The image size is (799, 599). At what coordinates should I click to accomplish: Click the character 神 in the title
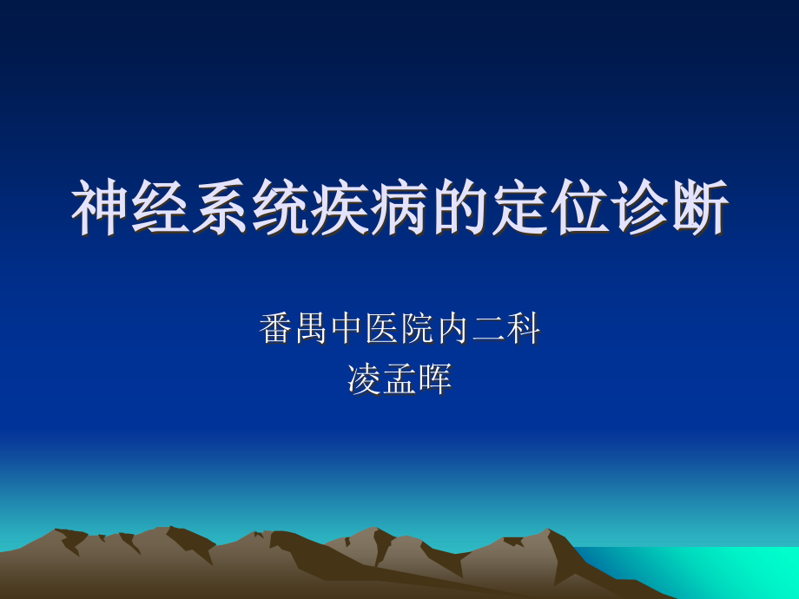click(x=100, y=209)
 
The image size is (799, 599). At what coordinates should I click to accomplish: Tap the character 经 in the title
click(x=160, y=209)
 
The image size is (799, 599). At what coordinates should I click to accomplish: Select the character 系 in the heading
click(x=220, y=209)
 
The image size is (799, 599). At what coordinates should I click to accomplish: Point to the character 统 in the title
click(x=280, y=209)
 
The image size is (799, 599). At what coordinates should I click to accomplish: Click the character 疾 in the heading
click(x=340, y=209)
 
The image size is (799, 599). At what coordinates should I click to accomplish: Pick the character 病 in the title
click(x=399, y=209)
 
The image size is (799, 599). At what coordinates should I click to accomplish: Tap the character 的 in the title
click(x=459, y=209)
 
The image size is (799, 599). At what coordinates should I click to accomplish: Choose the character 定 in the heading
click(x=519, y=209)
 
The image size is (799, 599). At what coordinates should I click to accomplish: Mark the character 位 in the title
click(x=579, y=209)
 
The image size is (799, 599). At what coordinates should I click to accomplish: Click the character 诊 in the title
click(x=639, y=209)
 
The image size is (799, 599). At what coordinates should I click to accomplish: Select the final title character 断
click(x=699, y=209)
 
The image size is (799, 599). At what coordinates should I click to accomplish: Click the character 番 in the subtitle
click(x=276, y=330)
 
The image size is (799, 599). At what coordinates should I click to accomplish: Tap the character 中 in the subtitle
click(x=347, y=330)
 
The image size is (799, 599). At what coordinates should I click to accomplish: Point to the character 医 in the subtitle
click(x=382, y=330)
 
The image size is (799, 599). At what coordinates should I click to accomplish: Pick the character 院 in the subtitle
click(x=418, y=330)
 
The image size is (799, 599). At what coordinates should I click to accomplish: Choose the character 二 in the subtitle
click(x=488, y=330)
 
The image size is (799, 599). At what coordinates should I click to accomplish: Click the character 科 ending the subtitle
click(x=524, y=330)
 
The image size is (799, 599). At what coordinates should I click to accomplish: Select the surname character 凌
click(x=364, y=379)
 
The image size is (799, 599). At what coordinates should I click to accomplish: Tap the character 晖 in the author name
click(x=435, y=379)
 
